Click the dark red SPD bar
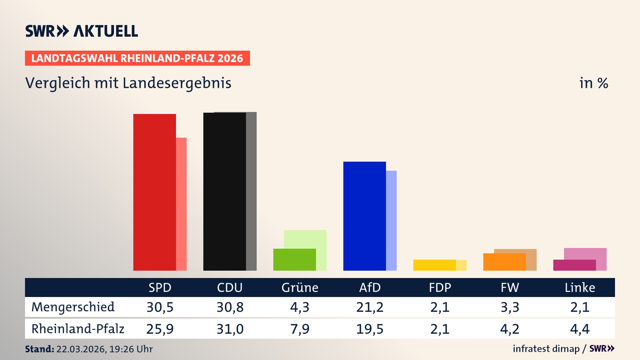pos(154,192)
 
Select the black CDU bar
pos(224,192)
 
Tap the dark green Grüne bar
pos(294,260)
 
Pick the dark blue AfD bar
pos(364,216)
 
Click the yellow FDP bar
pos(434,265)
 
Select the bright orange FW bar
pos(504,262)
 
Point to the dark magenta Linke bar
pos(574,265)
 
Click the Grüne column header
pos(300,287)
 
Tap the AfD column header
pos(370,287)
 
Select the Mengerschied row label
pos(73,307)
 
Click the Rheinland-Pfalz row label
pos(78,329)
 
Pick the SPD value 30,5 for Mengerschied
pos(160,307)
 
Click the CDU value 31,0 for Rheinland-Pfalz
pos(230,329)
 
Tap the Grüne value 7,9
pos(300,329)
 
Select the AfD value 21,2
pos(370,307)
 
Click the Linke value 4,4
pos(580,329)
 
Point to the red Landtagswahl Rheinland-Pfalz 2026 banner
pos(137,58)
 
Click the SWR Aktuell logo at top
pos(82,31)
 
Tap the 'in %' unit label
pos(593,83)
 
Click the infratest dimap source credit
pos(546,349)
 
